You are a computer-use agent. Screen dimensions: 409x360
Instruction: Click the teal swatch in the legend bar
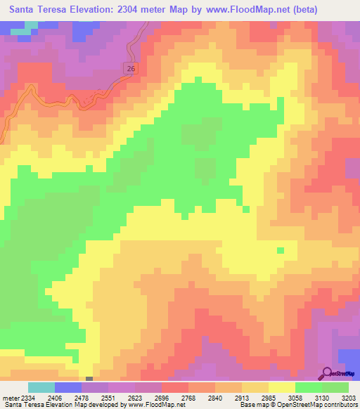pos(41,387)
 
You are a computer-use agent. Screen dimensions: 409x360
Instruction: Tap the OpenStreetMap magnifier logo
pos(326,374)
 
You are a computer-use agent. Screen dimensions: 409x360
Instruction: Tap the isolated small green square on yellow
pos(281,250)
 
